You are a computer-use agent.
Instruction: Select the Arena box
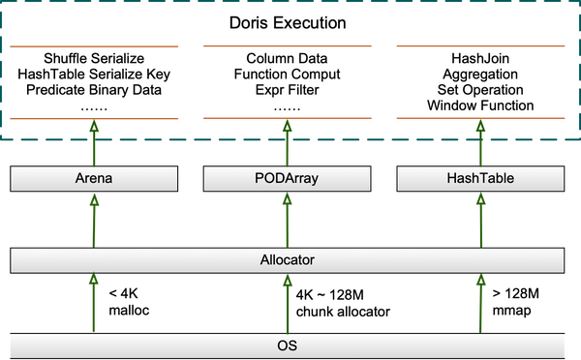point(95,179)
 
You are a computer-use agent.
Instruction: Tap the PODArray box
point(287,179)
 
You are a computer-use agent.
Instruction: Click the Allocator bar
point(287,260)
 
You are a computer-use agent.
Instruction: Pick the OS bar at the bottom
point(287,344)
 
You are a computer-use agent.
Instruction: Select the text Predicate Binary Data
point(95,91)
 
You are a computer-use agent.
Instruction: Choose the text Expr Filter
point(287,91)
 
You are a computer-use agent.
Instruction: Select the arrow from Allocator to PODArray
point(287,220)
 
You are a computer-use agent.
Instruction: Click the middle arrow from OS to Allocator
point(287,302)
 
